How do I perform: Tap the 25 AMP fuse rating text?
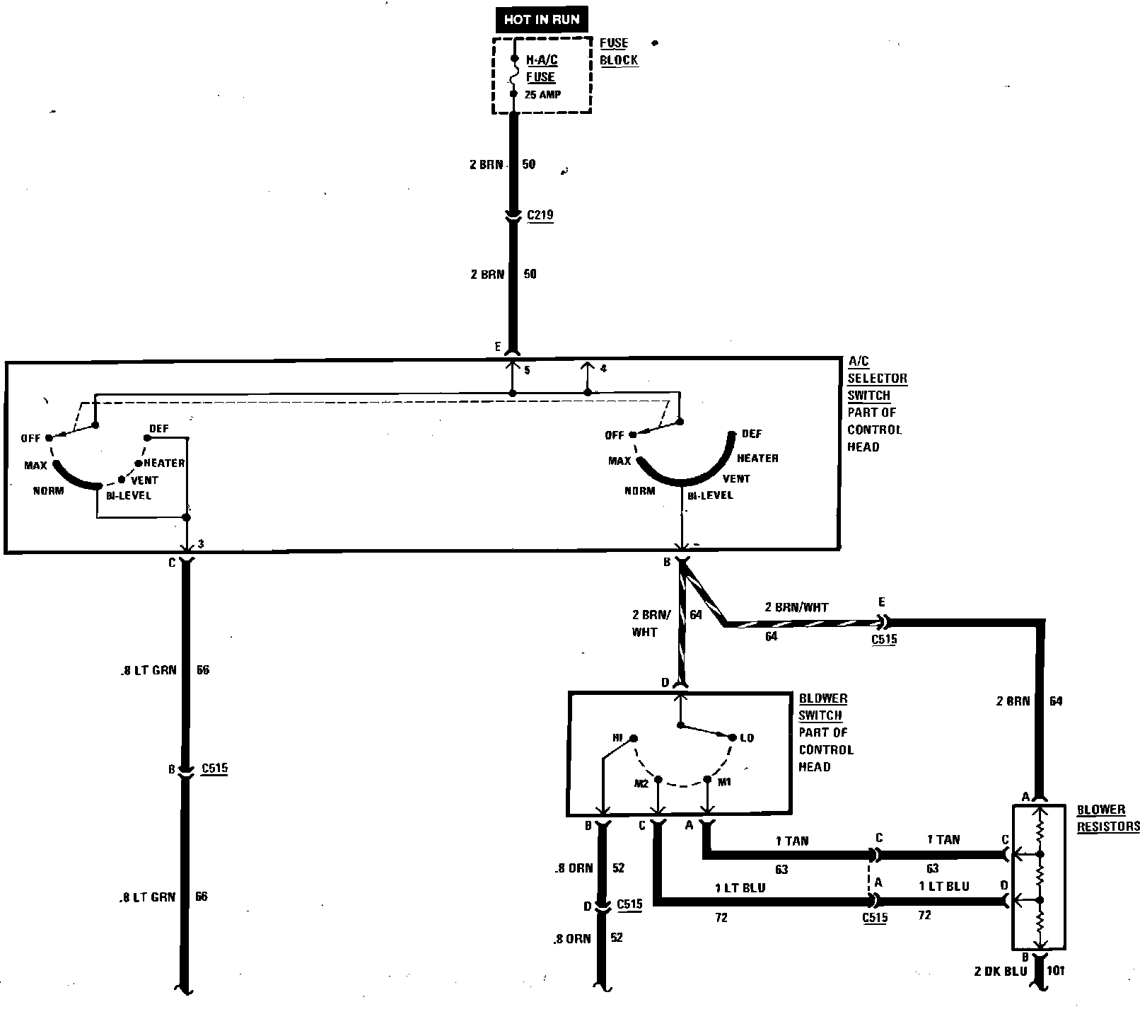(542, 94)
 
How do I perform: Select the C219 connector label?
(541, 214)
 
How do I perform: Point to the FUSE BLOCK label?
(619, 52)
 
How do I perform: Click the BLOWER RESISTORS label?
(1107, 818)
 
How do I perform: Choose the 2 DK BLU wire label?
(999, 971)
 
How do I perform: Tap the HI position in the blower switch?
(618, 738)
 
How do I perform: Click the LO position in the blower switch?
(747, 738)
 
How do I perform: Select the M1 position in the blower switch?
(724, 782)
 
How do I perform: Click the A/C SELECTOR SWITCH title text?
(877, 379)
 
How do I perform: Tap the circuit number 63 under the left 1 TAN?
(781, 869)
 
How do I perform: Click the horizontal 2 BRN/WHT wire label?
(796, 607)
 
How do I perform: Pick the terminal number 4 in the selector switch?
(603, 369)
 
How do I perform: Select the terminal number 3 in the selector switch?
(201, 543)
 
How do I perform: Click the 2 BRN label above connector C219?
(487, 165)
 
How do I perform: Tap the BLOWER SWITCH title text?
(822, 707)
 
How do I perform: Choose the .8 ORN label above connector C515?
(574, 868)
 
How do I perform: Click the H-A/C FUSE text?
(541, 69)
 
